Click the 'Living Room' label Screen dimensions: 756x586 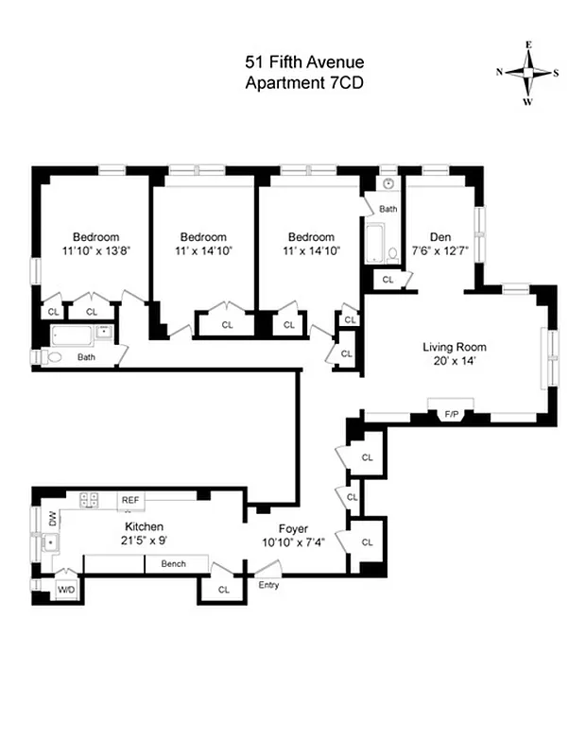(x=454, y=347)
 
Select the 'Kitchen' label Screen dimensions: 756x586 (x=145, y=526)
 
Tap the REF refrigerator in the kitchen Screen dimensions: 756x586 (x=129, y=498)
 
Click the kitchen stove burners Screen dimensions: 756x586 (x=90, y=499)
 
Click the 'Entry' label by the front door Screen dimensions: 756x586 (x=268, y=585)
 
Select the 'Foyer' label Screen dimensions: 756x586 (x=293, y=529)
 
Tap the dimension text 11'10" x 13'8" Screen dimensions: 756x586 (x=96, y=251)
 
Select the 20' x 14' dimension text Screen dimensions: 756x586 (x=454, y=361)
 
